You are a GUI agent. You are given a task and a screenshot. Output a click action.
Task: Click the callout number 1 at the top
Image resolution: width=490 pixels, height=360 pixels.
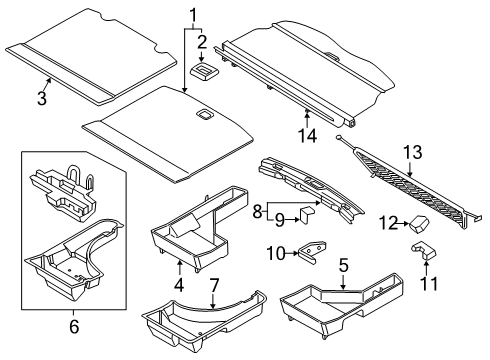coord(193,15)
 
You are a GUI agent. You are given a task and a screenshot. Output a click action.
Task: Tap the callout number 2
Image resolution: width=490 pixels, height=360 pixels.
coord(202,41)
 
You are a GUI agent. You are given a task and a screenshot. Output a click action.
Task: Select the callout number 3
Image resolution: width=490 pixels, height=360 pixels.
coord(42,97)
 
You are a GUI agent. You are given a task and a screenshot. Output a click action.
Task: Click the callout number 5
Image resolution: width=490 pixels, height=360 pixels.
coord(343,266)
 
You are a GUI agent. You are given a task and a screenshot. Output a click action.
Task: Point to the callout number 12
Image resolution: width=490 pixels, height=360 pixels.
coord(394,223)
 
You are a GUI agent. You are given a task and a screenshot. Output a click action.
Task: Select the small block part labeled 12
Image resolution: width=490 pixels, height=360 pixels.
coord(422,222)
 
